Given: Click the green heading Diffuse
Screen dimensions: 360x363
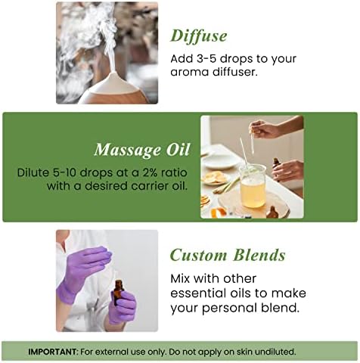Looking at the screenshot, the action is (x=199, y=36).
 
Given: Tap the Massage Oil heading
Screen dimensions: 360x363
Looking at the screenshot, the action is (x=141, y=150).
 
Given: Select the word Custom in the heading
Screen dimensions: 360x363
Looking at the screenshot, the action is (x=198, y=255).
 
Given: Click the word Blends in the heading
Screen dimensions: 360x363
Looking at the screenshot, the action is (x=259, y=255).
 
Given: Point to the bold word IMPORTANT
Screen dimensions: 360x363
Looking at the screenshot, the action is (x=52, y=352).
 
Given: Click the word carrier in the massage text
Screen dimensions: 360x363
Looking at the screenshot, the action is (x=151, y=186).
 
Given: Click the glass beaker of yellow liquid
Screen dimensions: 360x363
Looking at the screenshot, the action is (x=253, y=186).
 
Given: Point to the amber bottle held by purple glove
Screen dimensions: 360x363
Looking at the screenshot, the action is (x=119, y=292).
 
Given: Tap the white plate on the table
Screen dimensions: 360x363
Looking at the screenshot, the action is (x=221, y=160).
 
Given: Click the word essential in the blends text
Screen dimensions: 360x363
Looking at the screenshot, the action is (x=198, y=293).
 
